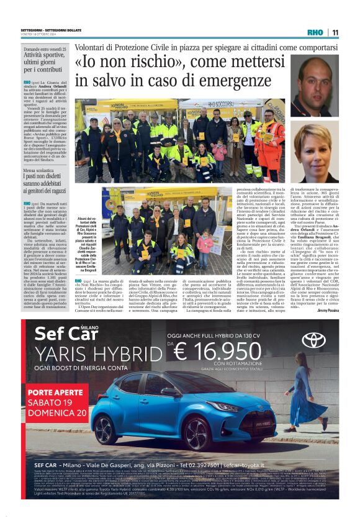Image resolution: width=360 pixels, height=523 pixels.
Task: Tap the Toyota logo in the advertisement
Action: click(314, 340)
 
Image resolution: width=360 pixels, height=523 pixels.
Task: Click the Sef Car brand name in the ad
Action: click(60, 334)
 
